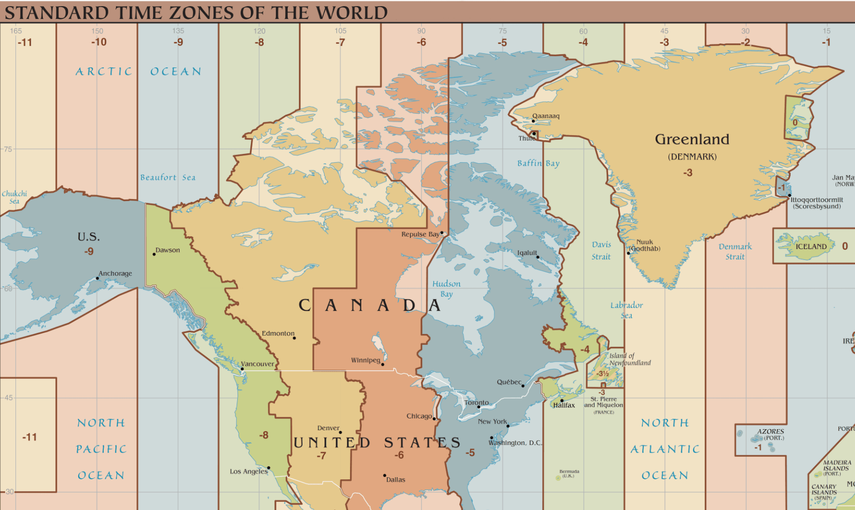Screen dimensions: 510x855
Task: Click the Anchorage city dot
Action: [x=98, y=278]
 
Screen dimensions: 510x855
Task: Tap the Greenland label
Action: [x=692, y=139]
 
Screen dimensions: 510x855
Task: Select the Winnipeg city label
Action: [x=365, y=360]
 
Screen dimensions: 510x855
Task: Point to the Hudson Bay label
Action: [x=446, y=289]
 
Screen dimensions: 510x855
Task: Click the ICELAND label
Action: [x=811, y=247]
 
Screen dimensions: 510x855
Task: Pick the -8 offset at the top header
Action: [x=259, y=42]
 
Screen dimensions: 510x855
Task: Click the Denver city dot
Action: [x=340, y=433]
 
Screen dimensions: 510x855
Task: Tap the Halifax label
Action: [x=564, y=405]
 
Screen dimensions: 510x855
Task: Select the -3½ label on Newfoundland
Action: [x=603, y=374]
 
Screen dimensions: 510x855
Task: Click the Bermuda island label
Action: [x=569, y=473]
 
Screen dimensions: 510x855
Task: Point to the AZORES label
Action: [x=770, y=432]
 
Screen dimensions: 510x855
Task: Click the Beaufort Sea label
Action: [x=168, y=178]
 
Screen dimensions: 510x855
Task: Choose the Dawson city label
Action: [x=168, y=250]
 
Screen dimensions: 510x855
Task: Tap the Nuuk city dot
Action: [x=628, y=253]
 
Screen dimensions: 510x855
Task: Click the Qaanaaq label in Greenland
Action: [x=546, y=116]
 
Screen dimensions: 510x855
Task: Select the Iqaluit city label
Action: [x=527, y=253]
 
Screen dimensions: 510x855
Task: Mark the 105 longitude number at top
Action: [x=340, y=31]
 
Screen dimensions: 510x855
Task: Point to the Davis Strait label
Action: [x=601, y=251]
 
